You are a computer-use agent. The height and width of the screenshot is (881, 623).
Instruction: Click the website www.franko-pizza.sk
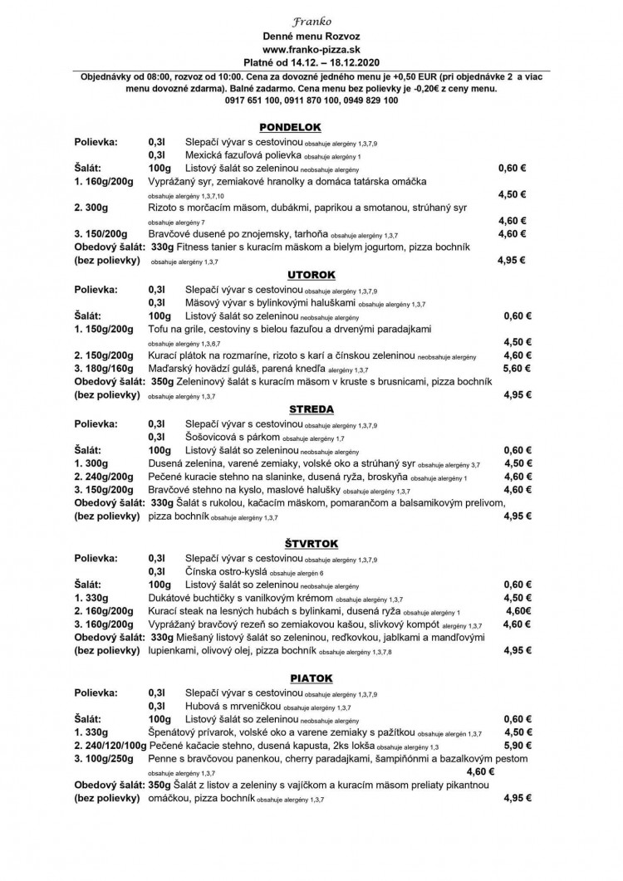coord(311,52)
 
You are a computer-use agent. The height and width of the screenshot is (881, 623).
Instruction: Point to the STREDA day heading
coord(311,409)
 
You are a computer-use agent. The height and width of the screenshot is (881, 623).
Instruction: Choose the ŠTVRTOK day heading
coord(311,543)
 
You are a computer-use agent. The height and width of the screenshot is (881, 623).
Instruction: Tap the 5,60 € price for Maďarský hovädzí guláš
coord(518,368)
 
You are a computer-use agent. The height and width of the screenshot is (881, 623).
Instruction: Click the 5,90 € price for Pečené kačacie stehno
coord(518,745)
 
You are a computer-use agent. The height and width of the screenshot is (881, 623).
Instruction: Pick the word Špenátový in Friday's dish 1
coord(175,732)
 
